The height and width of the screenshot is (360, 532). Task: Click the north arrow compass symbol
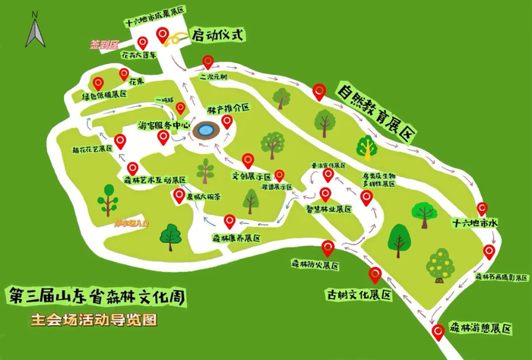pos(35,32)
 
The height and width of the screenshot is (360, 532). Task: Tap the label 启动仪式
pos(217,34)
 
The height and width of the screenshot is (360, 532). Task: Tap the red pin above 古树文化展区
pos(375,275)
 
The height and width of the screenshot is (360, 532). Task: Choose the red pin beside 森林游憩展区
pos(438,333)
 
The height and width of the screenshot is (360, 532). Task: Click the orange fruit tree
pos(439,264)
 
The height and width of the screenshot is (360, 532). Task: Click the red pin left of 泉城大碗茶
pos(179,195)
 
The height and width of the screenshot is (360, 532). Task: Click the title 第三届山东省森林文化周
pos(95,294)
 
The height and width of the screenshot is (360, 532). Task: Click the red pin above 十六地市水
pos(482,209)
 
